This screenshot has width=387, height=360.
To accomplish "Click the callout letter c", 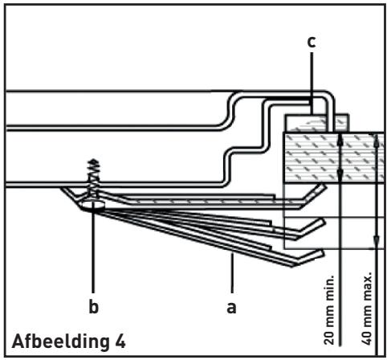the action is click(312, 43).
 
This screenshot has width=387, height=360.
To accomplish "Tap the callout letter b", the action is click(94, 306).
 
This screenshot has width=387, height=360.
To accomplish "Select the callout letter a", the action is click(231, 308).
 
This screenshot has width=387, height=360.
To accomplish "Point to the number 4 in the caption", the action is click(120, 341).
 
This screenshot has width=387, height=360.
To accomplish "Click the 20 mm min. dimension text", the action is click(329, 309).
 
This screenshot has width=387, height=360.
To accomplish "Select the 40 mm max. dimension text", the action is click(367, 308).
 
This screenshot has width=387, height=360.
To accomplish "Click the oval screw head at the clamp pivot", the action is click(93, 206).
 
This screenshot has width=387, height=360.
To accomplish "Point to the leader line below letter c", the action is click(312, 83).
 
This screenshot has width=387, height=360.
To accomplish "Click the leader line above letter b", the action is click(93, 251).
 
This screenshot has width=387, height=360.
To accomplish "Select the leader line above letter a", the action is click(232, 272).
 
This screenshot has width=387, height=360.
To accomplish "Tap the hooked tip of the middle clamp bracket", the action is click(311, 227).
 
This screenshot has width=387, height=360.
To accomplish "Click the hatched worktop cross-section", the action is click(335, 157).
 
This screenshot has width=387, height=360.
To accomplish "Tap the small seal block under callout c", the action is click(316, 123).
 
